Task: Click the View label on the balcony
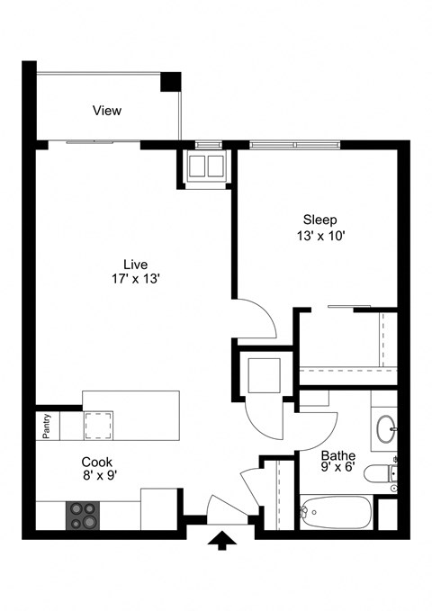107,111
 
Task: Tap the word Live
135,264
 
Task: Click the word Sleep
319,220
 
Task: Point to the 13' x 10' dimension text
319,236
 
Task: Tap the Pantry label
46,427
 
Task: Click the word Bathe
337,455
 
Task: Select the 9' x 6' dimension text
337,468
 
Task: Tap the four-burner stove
83,515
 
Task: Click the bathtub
335,513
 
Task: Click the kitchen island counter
131,414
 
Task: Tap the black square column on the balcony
170,82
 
